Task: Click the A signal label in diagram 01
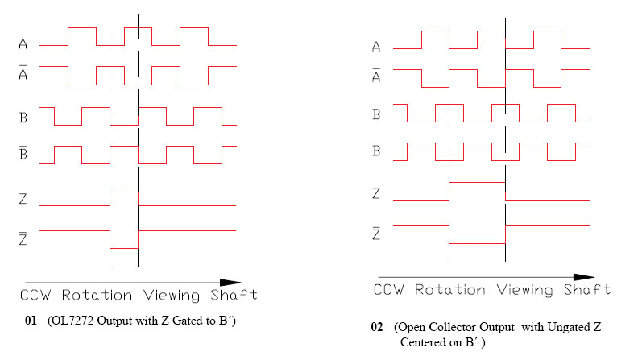[23, 44]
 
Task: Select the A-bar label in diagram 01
[23, 72]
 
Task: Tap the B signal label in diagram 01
[23, 115]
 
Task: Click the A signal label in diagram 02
[375, 48]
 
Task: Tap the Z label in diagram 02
[375, 193]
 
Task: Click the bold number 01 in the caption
[31, 320]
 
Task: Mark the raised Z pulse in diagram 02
[477, 182]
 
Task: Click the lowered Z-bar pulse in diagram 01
[124, 249]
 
